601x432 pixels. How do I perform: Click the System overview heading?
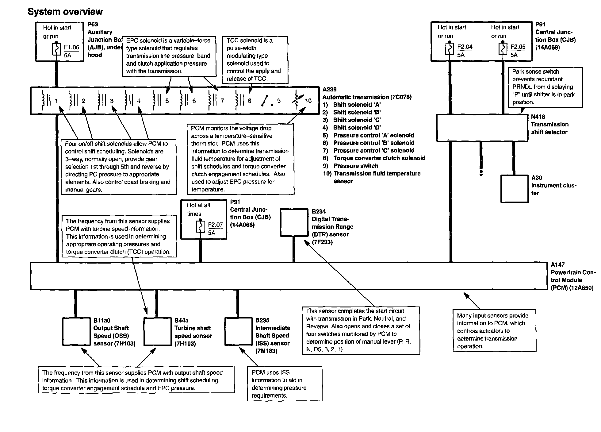(65, 12)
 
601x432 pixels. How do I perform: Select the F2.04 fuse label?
(465, 47)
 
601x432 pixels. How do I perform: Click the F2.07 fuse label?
(215, 225)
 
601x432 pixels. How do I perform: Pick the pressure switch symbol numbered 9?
(267, 101)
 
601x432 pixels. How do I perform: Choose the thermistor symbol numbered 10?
(297, 99)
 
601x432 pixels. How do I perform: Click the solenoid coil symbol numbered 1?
(47, 100)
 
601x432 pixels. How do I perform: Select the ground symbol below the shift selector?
(481, 173)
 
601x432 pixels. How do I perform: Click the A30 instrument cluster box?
(515, 189)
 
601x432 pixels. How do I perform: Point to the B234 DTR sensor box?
(294, 223)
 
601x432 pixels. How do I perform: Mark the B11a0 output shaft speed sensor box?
(76, 331)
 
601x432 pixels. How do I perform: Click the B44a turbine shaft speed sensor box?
(157, 331)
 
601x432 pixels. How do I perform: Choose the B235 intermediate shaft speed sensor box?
(238, 331)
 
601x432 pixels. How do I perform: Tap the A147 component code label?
(557, 265)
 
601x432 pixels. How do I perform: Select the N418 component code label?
(538, 117)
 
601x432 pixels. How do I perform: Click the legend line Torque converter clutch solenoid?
(379, 158)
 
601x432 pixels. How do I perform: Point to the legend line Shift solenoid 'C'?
(357, 120)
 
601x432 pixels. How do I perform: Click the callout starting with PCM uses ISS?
(285, 384)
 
